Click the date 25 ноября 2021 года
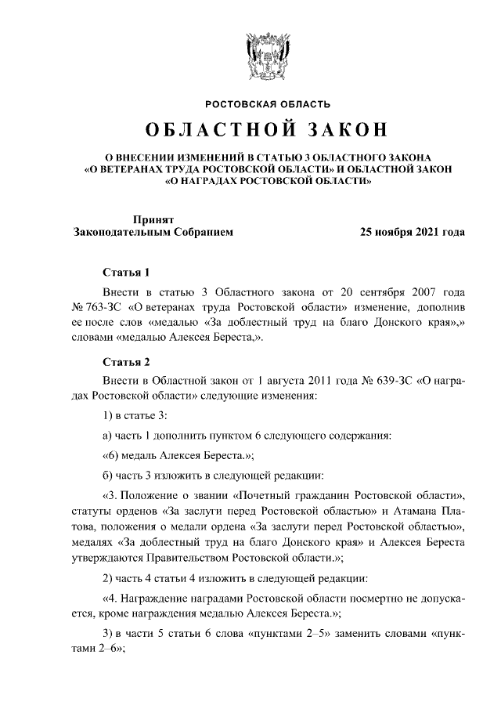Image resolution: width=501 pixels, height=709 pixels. (x=412, y=233)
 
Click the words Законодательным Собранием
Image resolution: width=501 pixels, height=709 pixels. (x=153, y=233)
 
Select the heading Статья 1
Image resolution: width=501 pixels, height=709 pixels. (x=127, y=273)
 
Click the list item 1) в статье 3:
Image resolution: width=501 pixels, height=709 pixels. (x=135, y=414)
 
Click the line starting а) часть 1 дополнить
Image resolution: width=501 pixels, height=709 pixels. (x=247, y=435)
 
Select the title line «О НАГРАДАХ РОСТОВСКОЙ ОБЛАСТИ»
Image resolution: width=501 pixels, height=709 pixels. (x=268, y=179)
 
